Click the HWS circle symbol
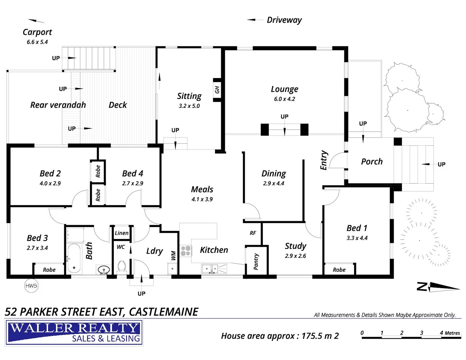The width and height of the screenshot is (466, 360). [x=31, y=286]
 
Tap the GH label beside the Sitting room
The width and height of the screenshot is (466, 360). [x=217, y=90]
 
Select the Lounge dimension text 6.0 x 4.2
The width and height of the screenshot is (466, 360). [x=284, y=99]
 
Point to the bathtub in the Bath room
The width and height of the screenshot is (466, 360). [x=74, y=259]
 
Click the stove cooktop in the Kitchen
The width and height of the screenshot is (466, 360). [x=186, y=251]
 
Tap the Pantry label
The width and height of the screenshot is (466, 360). [x=256, y=261]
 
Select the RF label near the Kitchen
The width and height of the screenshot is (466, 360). [x=253, y=233]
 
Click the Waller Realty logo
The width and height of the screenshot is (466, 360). [x=74, y=332]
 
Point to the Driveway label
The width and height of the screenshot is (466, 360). [x=284, y=20]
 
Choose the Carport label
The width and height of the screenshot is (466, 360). [x=37, y=32]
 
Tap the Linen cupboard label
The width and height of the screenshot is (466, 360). [x=121, y=233]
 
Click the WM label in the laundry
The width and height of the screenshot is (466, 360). [x=173, y=256]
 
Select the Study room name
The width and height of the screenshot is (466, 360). [x=295, y=246]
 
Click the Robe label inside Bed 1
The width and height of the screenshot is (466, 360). [x=339, y=270]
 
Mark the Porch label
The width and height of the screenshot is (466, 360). [x=372, y=162]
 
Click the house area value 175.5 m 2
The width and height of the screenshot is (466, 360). [x=320, y=336]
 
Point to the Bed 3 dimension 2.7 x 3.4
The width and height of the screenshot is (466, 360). [x=37, y=248]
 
